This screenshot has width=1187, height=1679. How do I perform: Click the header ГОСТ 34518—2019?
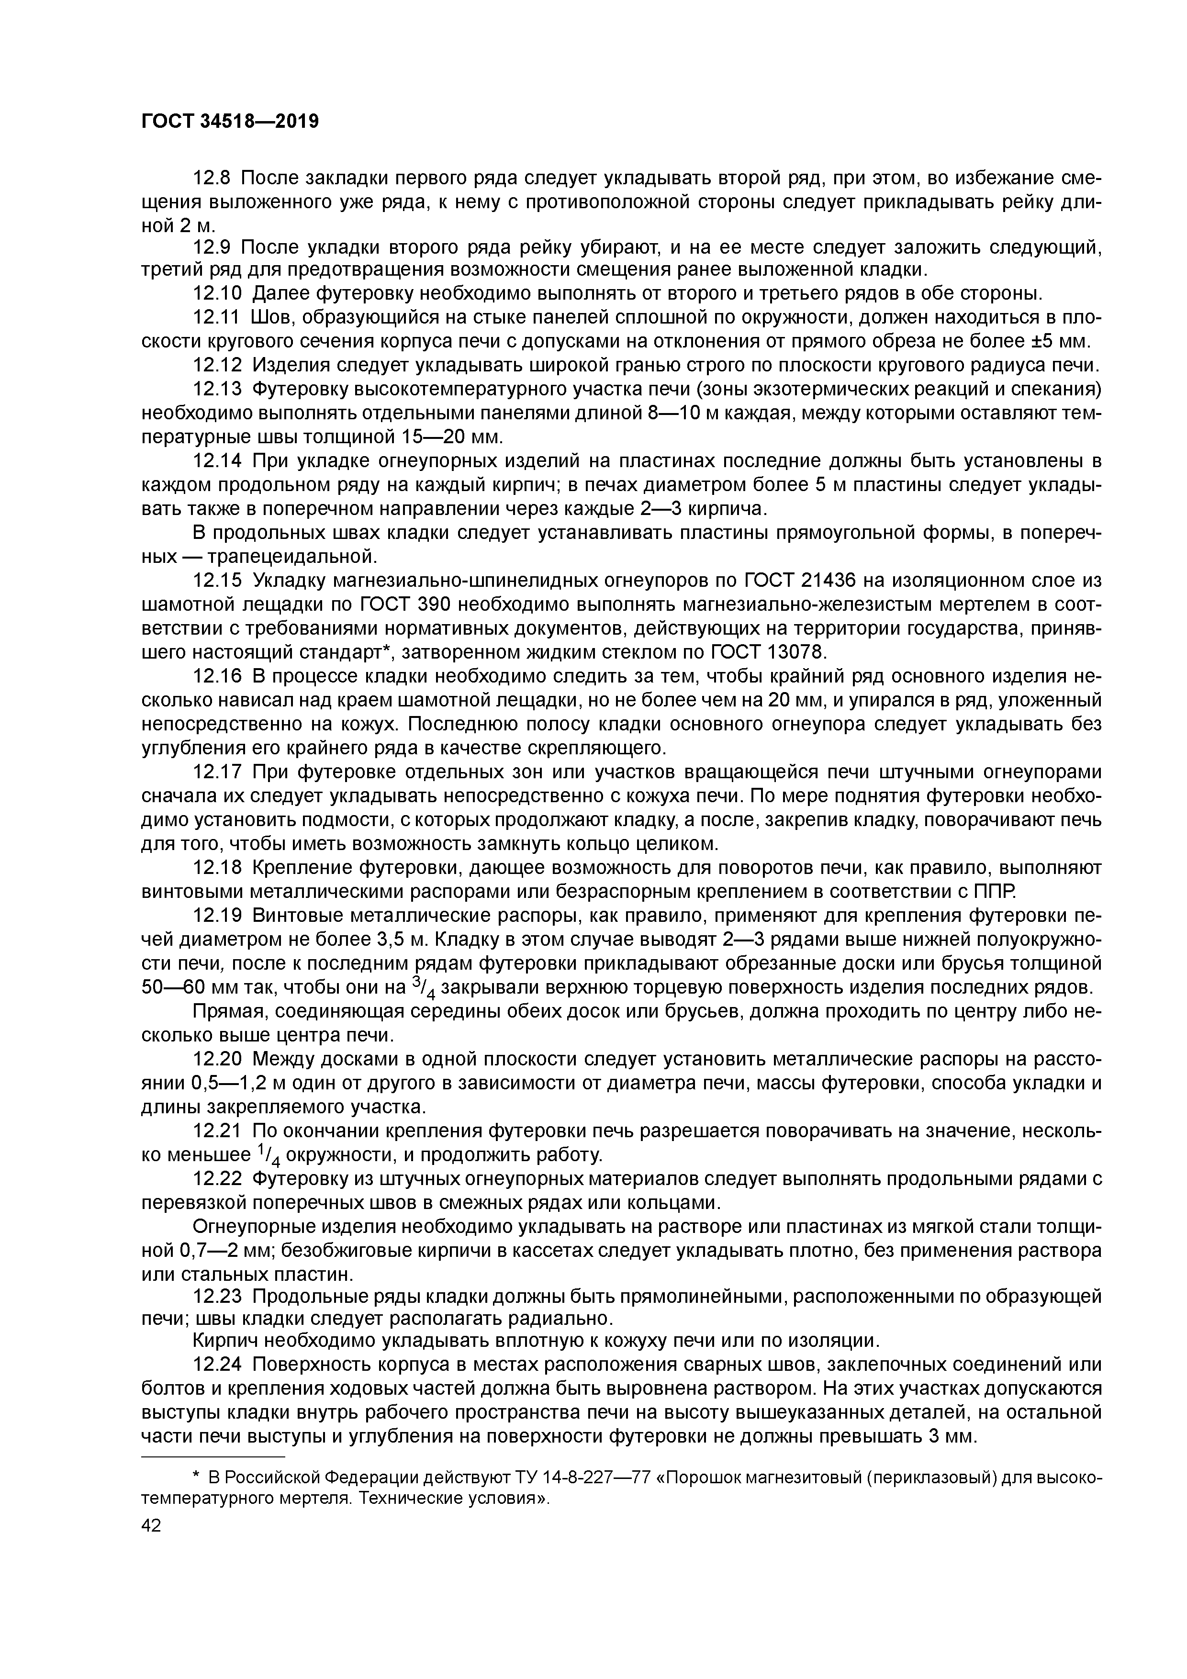click(x=230, y=122)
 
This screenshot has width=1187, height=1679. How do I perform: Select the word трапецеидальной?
click(x=292, y=557)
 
